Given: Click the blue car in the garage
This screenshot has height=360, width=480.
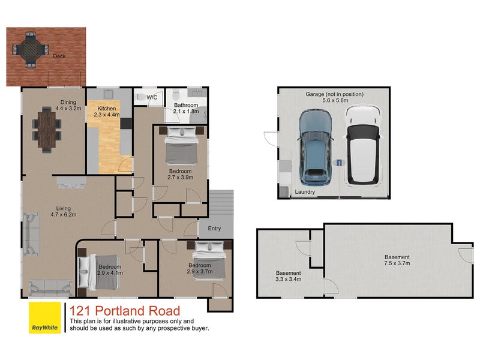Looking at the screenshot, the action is tap(316, 148).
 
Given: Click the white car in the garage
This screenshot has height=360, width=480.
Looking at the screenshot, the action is tap(363, 145).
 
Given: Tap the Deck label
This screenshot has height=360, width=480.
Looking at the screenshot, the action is tap(59, 56).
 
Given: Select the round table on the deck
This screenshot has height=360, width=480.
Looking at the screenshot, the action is tap(31, 49).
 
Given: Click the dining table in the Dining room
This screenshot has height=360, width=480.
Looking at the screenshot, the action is tap(47, 130).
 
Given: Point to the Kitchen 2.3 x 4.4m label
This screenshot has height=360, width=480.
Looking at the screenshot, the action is tap(107, 112).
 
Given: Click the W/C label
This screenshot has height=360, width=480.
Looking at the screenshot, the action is tap(152, 97).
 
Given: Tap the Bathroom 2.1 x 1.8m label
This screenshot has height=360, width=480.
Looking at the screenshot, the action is tap(186, 108).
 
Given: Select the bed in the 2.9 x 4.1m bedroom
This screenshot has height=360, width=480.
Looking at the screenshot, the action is tap(98, 272).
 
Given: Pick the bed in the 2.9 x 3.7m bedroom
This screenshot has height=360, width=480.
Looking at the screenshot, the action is tap(209, 260).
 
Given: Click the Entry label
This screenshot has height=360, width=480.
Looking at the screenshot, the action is tap(214, 229).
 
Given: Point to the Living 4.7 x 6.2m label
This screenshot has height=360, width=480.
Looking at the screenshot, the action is tap(64, 212).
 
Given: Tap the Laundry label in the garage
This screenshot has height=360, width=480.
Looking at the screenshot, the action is tap(305, 192).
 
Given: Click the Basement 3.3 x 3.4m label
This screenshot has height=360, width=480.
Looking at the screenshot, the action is tap(289, 276).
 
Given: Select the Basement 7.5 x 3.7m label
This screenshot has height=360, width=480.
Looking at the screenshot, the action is tap(397, 260).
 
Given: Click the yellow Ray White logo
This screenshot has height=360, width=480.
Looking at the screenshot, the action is tap(44, 317).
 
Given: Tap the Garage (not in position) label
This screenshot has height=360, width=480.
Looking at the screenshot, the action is tap(335, 94).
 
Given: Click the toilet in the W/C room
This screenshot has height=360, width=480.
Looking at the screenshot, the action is tap(140, 97).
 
